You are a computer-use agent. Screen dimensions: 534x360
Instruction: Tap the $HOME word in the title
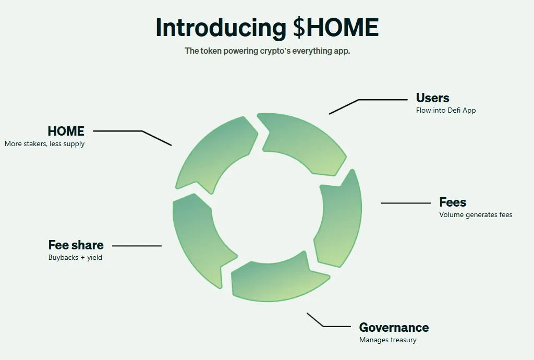point(336,27)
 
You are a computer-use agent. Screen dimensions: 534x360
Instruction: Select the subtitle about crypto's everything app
point(268,51)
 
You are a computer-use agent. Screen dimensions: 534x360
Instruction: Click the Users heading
point(432,98)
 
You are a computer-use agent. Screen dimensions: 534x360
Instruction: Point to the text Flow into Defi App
point(446,111)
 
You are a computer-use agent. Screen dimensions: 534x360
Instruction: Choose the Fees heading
point(453,202)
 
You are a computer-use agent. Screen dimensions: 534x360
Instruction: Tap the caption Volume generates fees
point(476,215)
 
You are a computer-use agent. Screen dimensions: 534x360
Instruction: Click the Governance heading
point(394,328)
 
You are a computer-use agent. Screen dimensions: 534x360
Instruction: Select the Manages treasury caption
point(388,340)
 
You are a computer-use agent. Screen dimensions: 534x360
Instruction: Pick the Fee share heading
point(76,245)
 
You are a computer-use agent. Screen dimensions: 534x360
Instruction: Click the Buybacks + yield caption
point(75,258)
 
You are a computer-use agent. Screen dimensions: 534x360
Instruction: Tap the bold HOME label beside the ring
point(66,131)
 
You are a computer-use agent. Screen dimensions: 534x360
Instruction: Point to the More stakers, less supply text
point(45,143)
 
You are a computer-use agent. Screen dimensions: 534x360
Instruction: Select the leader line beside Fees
point(406,203)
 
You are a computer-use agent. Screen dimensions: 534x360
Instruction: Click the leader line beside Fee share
point(137,246)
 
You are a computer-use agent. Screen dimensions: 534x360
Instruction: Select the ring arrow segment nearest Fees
point(339,221)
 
